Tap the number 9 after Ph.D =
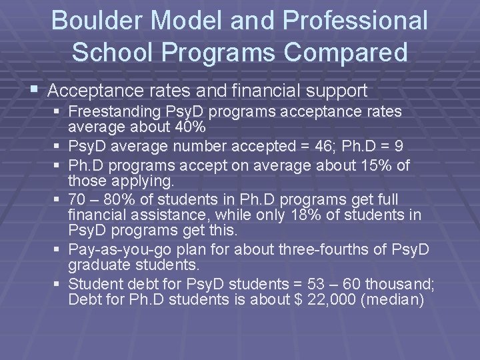(399, 145)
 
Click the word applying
(144, 180)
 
